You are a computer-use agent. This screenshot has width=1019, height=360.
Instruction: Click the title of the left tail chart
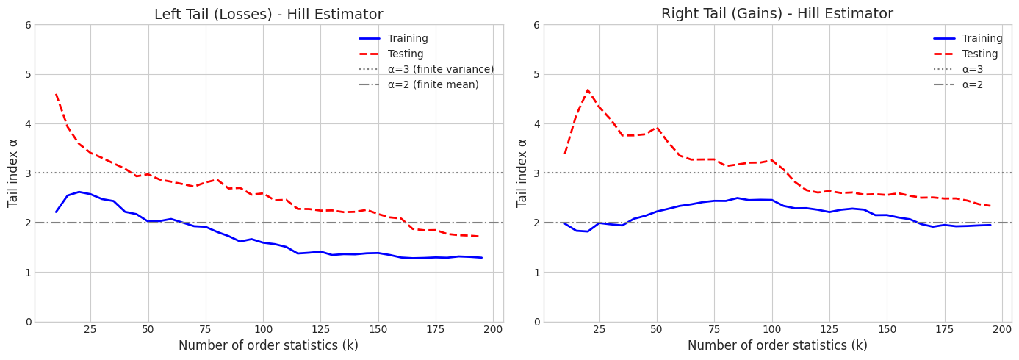pos(268,15)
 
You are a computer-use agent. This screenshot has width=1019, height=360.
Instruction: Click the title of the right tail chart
pos(777,14)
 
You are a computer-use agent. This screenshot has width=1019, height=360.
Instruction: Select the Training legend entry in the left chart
pos(408,39)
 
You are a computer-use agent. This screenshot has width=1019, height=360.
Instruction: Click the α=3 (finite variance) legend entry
pos(441,70)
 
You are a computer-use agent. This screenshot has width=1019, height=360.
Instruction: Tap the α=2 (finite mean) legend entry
pos(433,85)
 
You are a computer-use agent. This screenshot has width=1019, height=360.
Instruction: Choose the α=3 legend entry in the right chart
pos(972,70)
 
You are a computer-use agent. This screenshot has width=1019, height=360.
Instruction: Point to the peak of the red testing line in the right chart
pos(587,90)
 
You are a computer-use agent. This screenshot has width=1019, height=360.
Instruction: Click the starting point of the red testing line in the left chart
pos(56,94)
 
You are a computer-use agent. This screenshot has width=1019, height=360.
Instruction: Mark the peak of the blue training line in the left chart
pos(79,192)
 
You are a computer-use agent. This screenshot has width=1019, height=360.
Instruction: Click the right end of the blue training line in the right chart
pos(990,225)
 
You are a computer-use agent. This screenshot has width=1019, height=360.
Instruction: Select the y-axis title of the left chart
pos(13,173)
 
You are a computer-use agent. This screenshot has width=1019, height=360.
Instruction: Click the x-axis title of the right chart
pos(777,346)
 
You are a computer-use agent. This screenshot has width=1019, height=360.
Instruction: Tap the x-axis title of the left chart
pos(268,346)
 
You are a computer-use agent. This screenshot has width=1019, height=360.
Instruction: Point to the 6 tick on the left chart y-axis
pos(28,25)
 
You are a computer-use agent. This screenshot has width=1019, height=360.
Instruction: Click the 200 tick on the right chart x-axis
pos(1002,330)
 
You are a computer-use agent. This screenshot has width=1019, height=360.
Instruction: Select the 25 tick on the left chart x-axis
pos(90,330)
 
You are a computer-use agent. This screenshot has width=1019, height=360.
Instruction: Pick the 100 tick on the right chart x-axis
pos(771,330)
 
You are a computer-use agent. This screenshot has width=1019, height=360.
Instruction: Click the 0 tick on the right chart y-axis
pos(537,322)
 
